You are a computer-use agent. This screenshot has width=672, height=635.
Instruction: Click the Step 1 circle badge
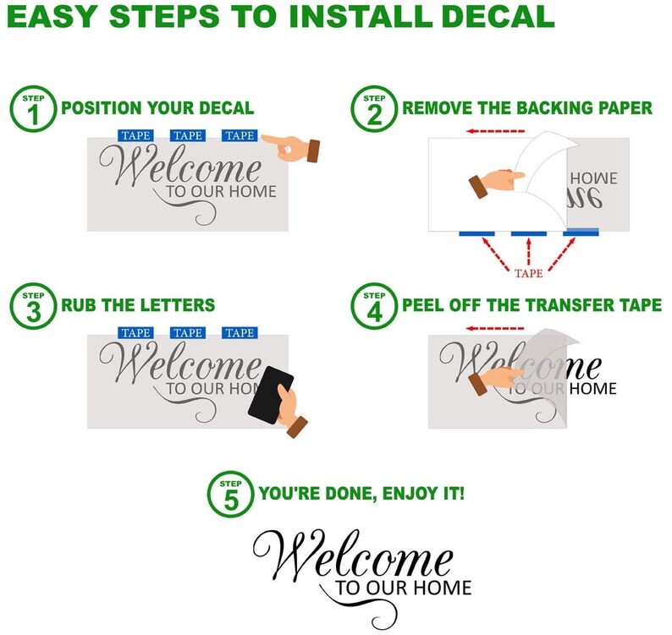tap(33, 109)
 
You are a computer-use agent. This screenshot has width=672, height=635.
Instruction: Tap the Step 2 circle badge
tap(374, 109)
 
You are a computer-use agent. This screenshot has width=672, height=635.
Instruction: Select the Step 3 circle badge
tap(33, 306)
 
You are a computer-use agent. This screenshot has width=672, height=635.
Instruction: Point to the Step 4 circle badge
tap(374, 306)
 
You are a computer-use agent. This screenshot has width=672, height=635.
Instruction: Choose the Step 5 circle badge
tap(230, 494)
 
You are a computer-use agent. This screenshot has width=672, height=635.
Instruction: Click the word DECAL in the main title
tap(498, 16)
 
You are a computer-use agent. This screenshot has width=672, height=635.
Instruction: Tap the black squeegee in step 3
tap(271, 395)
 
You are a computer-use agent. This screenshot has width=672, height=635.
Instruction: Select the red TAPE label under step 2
tap(528, 273)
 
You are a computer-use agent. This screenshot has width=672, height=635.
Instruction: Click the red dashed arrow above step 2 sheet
tap(495, 131)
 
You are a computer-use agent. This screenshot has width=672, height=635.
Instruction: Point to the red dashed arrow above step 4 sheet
tap(495, 328)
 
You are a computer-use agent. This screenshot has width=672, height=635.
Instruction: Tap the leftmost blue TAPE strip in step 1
tap(135, 135)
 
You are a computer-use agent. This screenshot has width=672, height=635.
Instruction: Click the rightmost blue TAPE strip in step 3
tap(240, 332)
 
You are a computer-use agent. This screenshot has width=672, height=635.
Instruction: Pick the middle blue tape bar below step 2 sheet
tap(529, 233)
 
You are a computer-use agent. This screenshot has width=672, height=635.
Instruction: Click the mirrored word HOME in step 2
tap(593, 178)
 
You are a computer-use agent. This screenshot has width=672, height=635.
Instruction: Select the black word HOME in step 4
tap(593, 388)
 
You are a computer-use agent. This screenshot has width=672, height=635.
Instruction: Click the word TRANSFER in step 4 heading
tap(573, 305)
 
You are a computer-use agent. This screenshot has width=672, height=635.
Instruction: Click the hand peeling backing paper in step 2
tap(496, 182)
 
